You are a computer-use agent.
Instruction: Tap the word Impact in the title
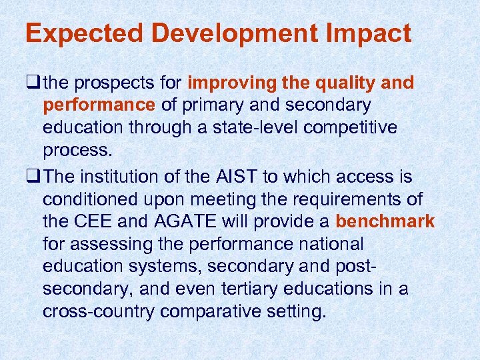pos(373,34)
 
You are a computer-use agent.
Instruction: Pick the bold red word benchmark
pos(385,221)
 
